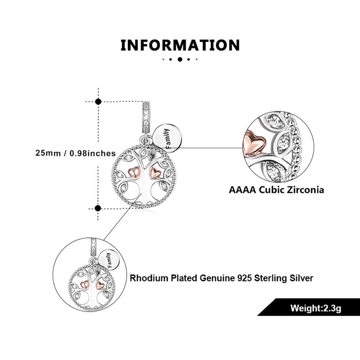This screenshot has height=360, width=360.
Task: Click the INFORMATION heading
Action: tap(180, 46)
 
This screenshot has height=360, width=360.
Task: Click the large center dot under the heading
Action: tap(180, 59)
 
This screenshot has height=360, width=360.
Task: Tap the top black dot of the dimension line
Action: tap(98, 102)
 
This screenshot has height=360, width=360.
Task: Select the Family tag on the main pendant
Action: tap(168, 138)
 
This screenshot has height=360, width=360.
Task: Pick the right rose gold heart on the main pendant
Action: tap(155, 173)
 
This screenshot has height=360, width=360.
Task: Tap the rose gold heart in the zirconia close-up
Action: tap(253, 143)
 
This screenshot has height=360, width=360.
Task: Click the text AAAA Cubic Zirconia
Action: tap(276, 190)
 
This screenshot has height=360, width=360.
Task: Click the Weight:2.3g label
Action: tap(315, 308)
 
